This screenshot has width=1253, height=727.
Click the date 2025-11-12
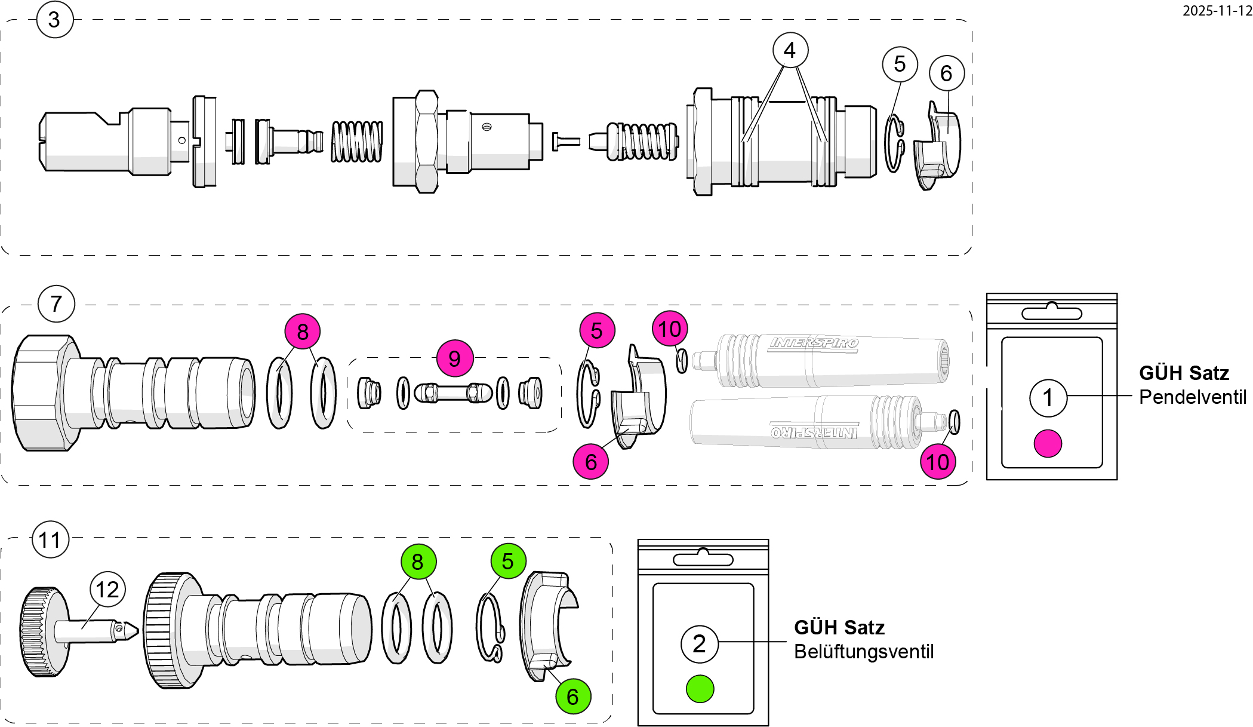click(x=1217, y=10)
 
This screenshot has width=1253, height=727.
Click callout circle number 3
click(x=54, y=20)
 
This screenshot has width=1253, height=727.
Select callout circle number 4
click(x=790, y=50)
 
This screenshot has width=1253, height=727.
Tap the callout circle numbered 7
click(x=56, y=303)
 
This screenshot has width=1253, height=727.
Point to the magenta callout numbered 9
click(x=454, y=358)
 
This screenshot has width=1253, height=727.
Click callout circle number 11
click(x=50, y=540)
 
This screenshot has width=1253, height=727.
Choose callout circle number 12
click(x=107, y=590)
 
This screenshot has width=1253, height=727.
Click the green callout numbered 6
click(x=573, y=696)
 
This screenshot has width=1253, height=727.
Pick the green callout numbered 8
click(x=418, y=562)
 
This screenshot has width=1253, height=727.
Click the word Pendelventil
click(x=1192, y=397)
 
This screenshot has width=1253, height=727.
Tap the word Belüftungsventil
click(x=863, y=652)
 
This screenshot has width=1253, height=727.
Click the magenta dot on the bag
click(x=1048, y=443)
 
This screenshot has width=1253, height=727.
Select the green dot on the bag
click(x=700, y=689)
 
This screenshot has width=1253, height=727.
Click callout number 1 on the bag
click(x=1048, y=398)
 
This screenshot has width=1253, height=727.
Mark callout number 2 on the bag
click(x=699, y=643)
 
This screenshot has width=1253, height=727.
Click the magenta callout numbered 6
click(x=591, y=461)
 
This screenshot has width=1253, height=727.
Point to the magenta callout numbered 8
click(x=303, y=332)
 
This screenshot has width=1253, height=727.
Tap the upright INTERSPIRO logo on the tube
click(x=814, y=343)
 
